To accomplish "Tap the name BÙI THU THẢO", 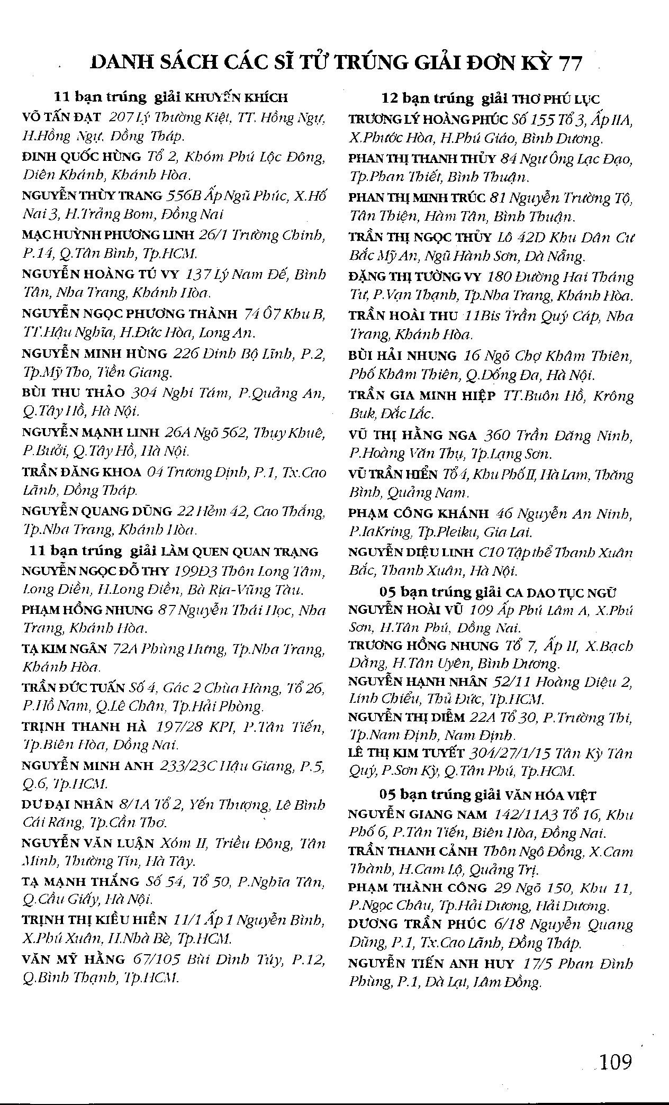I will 73,393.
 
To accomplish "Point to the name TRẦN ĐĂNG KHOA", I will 82,472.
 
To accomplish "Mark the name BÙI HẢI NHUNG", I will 402,356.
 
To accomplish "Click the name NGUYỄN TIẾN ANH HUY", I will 431,964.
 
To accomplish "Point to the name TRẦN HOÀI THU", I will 403,316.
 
